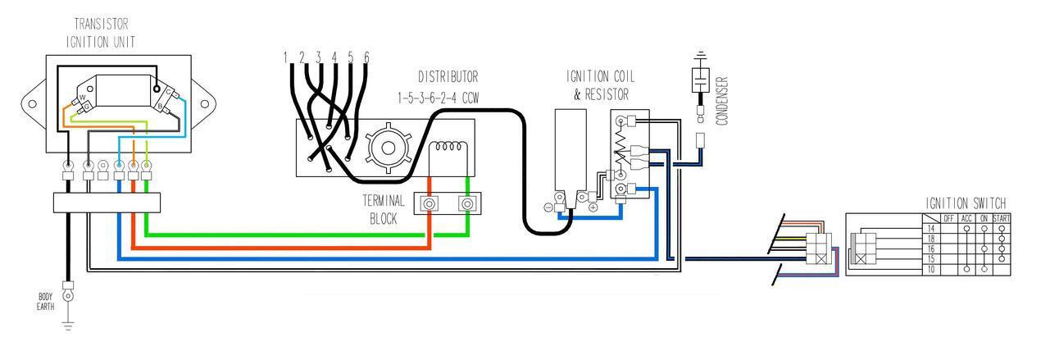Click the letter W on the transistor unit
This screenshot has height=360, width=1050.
pos(82,98)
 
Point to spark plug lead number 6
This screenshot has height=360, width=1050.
pos(366,57)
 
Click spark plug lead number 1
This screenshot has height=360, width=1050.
pos(286,57)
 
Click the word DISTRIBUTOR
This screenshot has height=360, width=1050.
pos(448,78)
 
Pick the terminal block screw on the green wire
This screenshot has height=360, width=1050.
pos(468,203)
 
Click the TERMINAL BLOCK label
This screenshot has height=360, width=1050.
pos(384,209)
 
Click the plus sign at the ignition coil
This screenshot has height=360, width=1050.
pos(592,207)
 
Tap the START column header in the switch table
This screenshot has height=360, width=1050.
pos(1001,218)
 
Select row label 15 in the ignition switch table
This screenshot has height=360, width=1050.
pos(930,258)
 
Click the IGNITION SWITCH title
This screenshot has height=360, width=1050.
pos(966,203)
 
